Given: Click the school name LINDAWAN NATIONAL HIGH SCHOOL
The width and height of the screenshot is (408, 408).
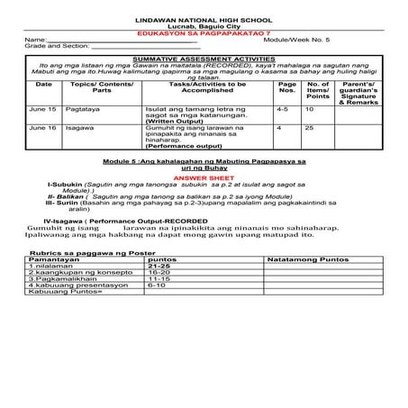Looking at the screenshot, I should (204, 18).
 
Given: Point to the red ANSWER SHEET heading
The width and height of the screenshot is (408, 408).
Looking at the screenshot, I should (204, 177).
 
